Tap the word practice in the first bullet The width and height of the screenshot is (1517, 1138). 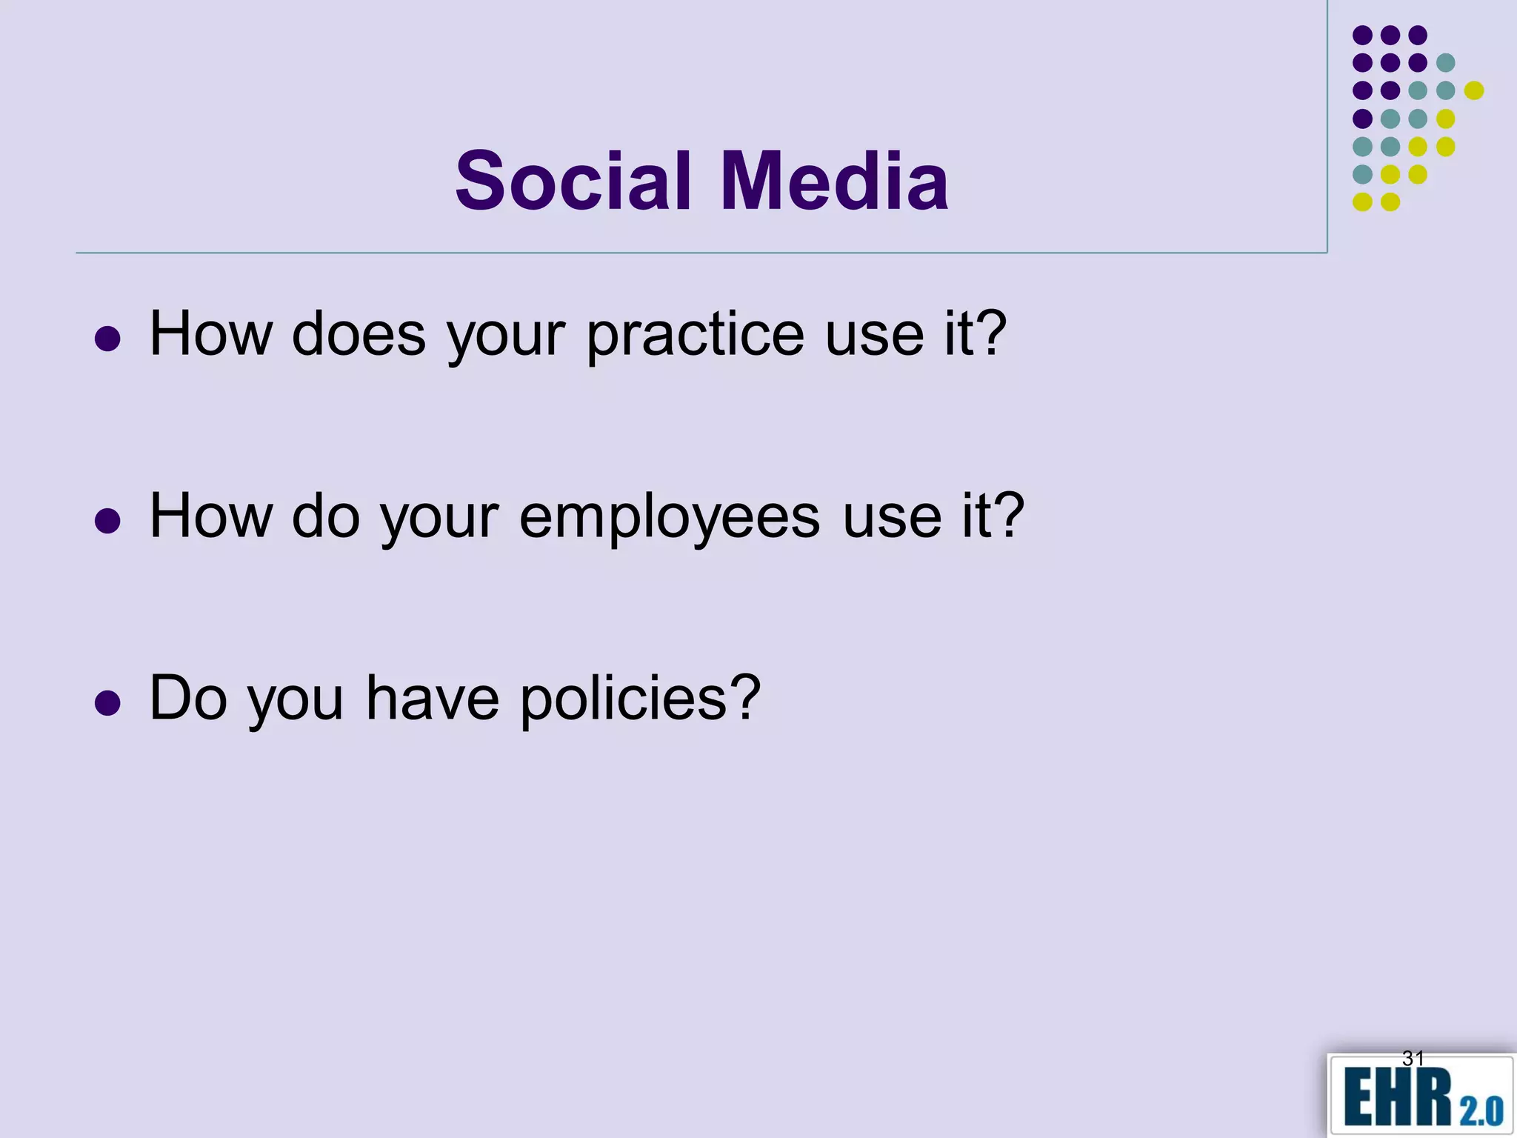click(695, 335)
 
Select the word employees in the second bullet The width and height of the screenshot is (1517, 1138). click(670, 517)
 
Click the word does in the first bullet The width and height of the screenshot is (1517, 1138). click(359, 335)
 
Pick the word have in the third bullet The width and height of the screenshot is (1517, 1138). click(433, 699)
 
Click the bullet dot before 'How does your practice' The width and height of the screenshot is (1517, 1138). click(108, 339)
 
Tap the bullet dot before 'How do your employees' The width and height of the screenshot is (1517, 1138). click(108, 521)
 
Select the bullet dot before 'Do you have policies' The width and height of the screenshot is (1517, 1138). click(108, 703)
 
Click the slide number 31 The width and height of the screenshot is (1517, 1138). click(1413, 1059)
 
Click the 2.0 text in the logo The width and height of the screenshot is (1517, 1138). click(1481, 1111)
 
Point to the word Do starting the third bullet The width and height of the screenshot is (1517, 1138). click(188, 699)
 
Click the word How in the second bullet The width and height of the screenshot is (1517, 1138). click(211, 517)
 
